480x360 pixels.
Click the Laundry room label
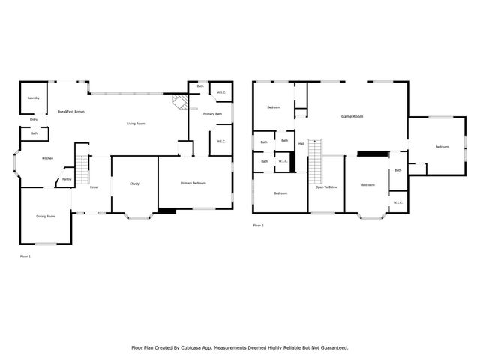[34, 98]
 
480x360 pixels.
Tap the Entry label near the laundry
[34, 119]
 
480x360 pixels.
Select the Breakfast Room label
[70, 112]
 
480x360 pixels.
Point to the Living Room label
[135, 124]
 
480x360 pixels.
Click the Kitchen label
[47, 158]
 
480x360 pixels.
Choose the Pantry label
[67, 179]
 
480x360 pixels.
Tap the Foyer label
[94, 187]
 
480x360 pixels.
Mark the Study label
[135, 184]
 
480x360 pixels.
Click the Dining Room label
[46, 217]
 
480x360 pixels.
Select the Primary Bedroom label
[193, 183]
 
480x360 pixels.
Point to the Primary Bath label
[212, 114]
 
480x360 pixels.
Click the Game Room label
[352, 116]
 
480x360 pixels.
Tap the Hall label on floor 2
[301, 143]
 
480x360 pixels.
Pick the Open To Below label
[326, 187]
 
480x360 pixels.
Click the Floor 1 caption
[25, 256]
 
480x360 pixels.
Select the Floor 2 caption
[258, 225]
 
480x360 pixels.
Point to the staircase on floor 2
[315, 161]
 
